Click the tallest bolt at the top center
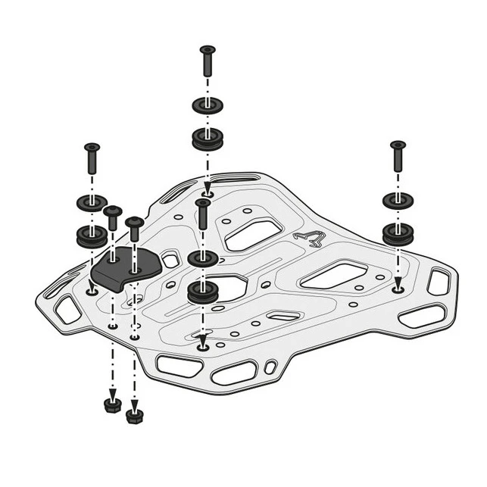coord(208,62)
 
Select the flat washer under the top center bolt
coord(208,104)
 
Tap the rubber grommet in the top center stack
coord(208,138)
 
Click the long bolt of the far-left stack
coord(92,158)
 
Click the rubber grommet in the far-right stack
coord(398,233)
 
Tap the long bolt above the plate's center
coord(202,215)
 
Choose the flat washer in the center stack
coord(202,258)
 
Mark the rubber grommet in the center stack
coord(202,292)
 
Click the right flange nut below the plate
coord(135,414)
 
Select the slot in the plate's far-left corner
coord(66,308)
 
